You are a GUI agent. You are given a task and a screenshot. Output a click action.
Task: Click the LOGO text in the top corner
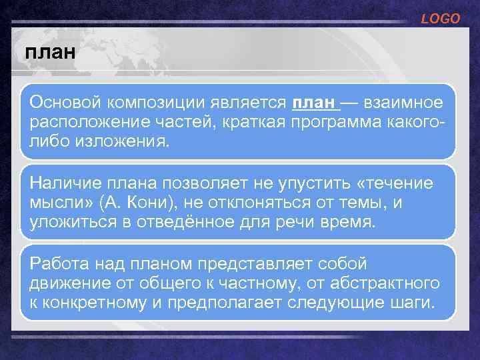(441, 19)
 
